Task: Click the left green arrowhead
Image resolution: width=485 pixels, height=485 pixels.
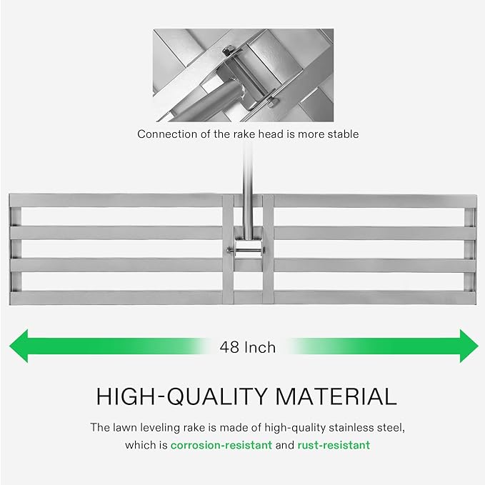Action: coord(20,346)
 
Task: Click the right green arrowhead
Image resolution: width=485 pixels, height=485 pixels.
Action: coord(467,346)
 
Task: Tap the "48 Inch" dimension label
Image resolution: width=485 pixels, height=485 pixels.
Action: coord(246,347)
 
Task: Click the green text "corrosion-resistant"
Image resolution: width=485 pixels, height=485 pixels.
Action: coord(221,445)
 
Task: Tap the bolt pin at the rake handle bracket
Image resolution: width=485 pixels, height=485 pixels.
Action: coord(245,249)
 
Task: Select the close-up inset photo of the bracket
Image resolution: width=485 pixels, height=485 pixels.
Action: coord(243,75)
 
